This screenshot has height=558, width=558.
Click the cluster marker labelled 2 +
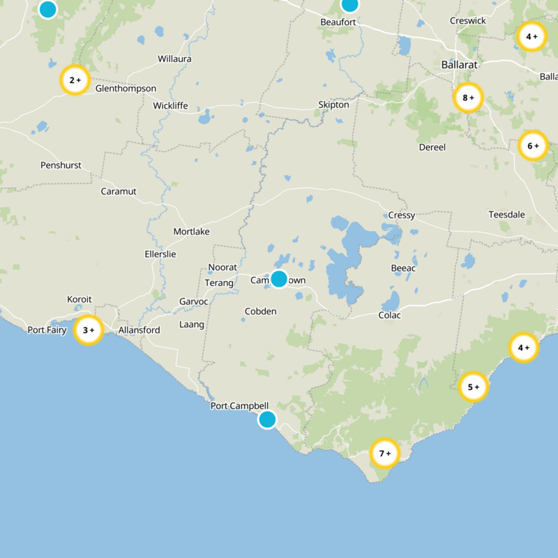pos(75,80)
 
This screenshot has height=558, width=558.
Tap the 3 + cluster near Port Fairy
pos(89,330)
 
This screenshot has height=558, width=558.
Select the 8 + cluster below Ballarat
pos(468,98)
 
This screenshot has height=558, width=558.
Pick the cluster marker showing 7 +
pos(384,453)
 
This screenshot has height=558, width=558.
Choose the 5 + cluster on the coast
pos(474,386)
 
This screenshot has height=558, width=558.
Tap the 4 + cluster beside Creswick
pos(531,36)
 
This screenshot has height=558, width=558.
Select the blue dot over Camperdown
pos(279,279)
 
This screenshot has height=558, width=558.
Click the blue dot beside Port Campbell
pos(267,419)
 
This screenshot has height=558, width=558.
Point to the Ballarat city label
pos(459,64)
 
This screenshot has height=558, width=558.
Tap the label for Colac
pos(391,315)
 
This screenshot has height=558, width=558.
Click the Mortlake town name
pos(191,232)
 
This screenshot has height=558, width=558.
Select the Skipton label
pos(333,105)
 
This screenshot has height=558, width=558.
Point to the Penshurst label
pos(61,165)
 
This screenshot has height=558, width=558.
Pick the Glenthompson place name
pos(126,89)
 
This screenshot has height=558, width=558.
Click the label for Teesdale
pos(506,214)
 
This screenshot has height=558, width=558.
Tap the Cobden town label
pos(262,311)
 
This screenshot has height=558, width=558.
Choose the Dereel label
pos(432,147)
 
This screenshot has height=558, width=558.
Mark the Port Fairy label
pos(47,330)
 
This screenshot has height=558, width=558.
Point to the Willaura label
pos(174,59)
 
